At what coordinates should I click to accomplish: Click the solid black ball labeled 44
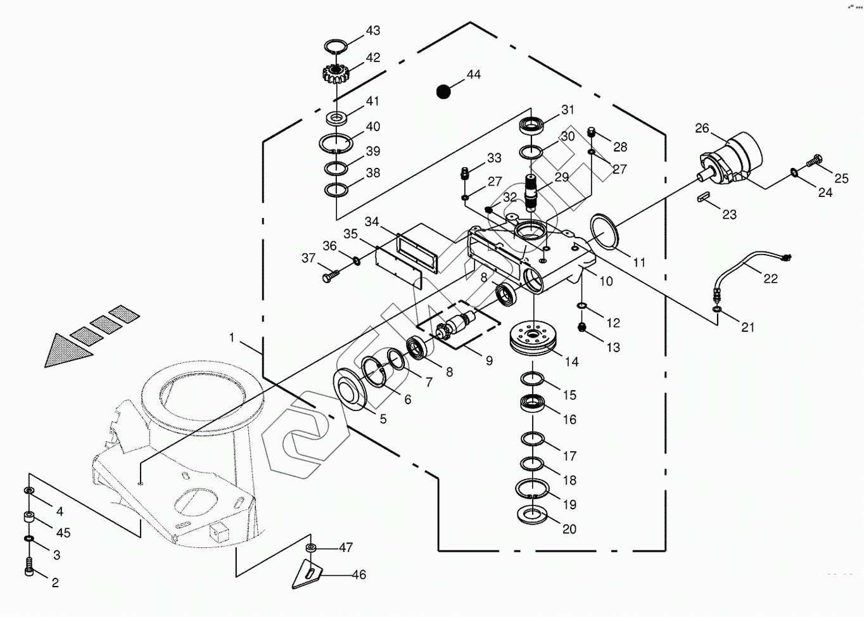coord(444,92)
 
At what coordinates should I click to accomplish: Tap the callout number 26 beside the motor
coord(702,128)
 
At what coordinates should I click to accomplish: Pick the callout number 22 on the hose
coord(770,278)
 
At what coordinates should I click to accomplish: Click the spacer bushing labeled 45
coord(29,518)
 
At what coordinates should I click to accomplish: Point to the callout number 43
coord(373,30)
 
